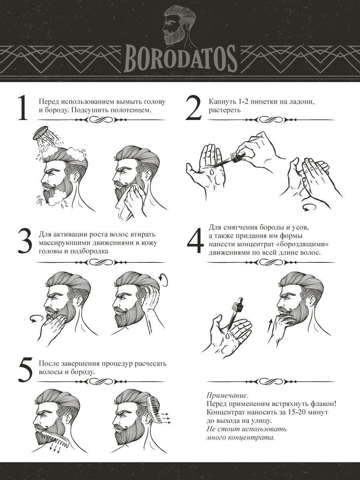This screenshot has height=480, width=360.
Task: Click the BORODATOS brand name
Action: click(x=180, y=59)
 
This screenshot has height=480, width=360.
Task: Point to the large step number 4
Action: click(x=195, y=241)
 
